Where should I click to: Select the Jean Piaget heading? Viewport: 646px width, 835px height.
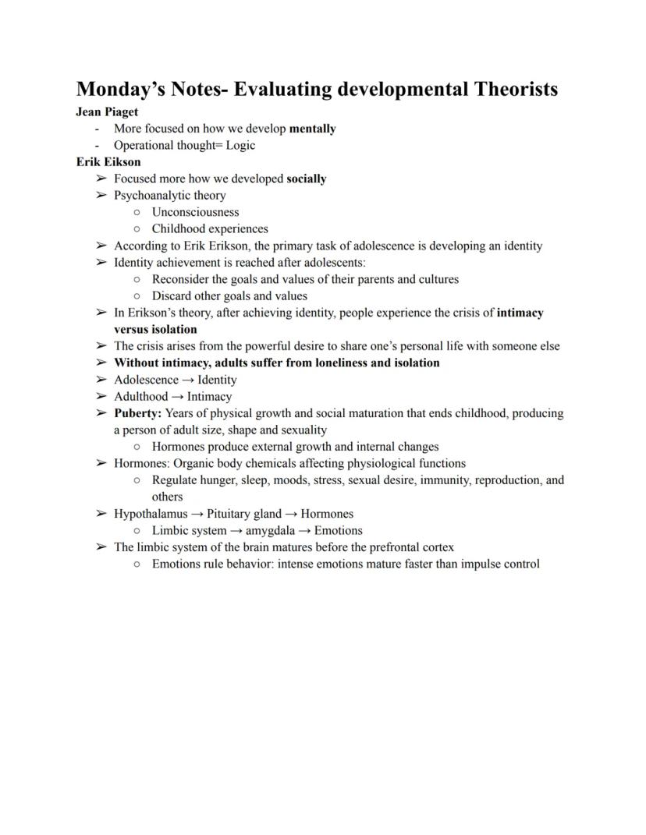pos(107,111)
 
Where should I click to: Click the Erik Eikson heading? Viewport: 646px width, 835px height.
pos(108,162)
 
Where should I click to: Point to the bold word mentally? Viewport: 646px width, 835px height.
pos(312,129)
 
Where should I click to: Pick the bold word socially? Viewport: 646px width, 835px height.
pos(306,179)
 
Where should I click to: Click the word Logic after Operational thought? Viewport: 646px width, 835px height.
pos(240,146)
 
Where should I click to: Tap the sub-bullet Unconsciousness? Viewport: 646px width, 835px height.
pos(195,212)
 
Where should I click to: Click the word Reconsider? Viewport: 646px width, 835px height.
pos(181,279)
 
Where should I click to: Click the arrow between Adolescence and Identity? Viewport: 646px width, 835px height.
pos(187,380)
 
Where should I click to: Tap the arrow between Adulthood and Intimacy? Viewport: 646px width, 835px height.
pos(177,397)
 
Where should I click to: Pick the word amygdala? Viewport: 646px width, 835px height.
pos(270,531)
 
